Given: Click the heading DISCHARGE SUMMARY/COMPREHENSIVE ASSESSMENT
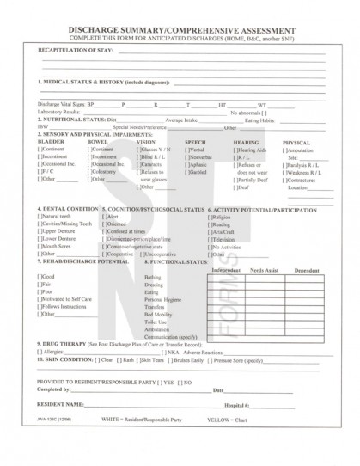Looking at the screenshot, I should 180,28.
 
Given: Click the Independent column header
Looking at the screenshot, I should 227,270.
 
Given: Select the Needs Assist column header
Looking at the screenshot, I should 265,270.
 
